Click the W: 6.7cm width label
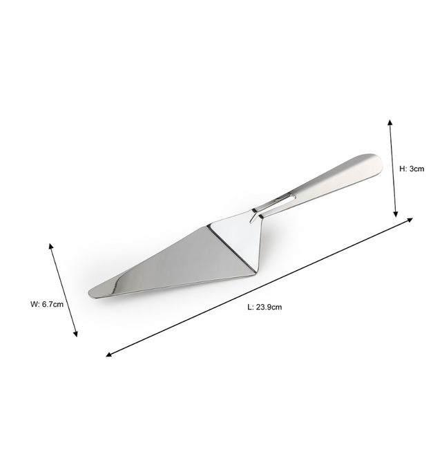click(x=47, y=304)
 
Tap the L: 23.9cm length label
click(x=265, y=307)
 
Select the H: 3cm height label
click(x=412, y=168)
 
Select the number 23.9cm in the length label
click(x=269, y=307)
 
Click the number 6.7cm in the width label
click(x=53, y=304)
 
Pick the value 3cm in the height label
click(x=416, y=168)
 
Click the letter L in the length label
click(x=249, y=307)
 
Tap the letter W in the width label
click(x=33, y=304)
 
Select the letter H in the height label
click(x=403, y=168)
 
